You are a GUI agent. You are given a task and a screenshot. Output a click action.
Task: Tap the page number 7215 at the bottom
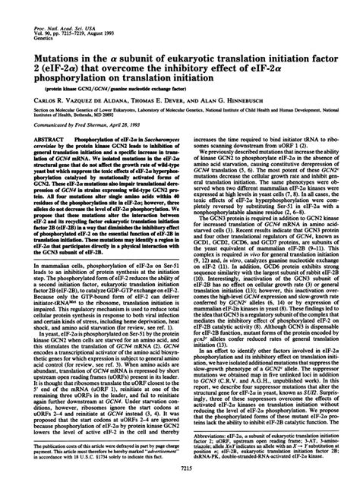(180, 471)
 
